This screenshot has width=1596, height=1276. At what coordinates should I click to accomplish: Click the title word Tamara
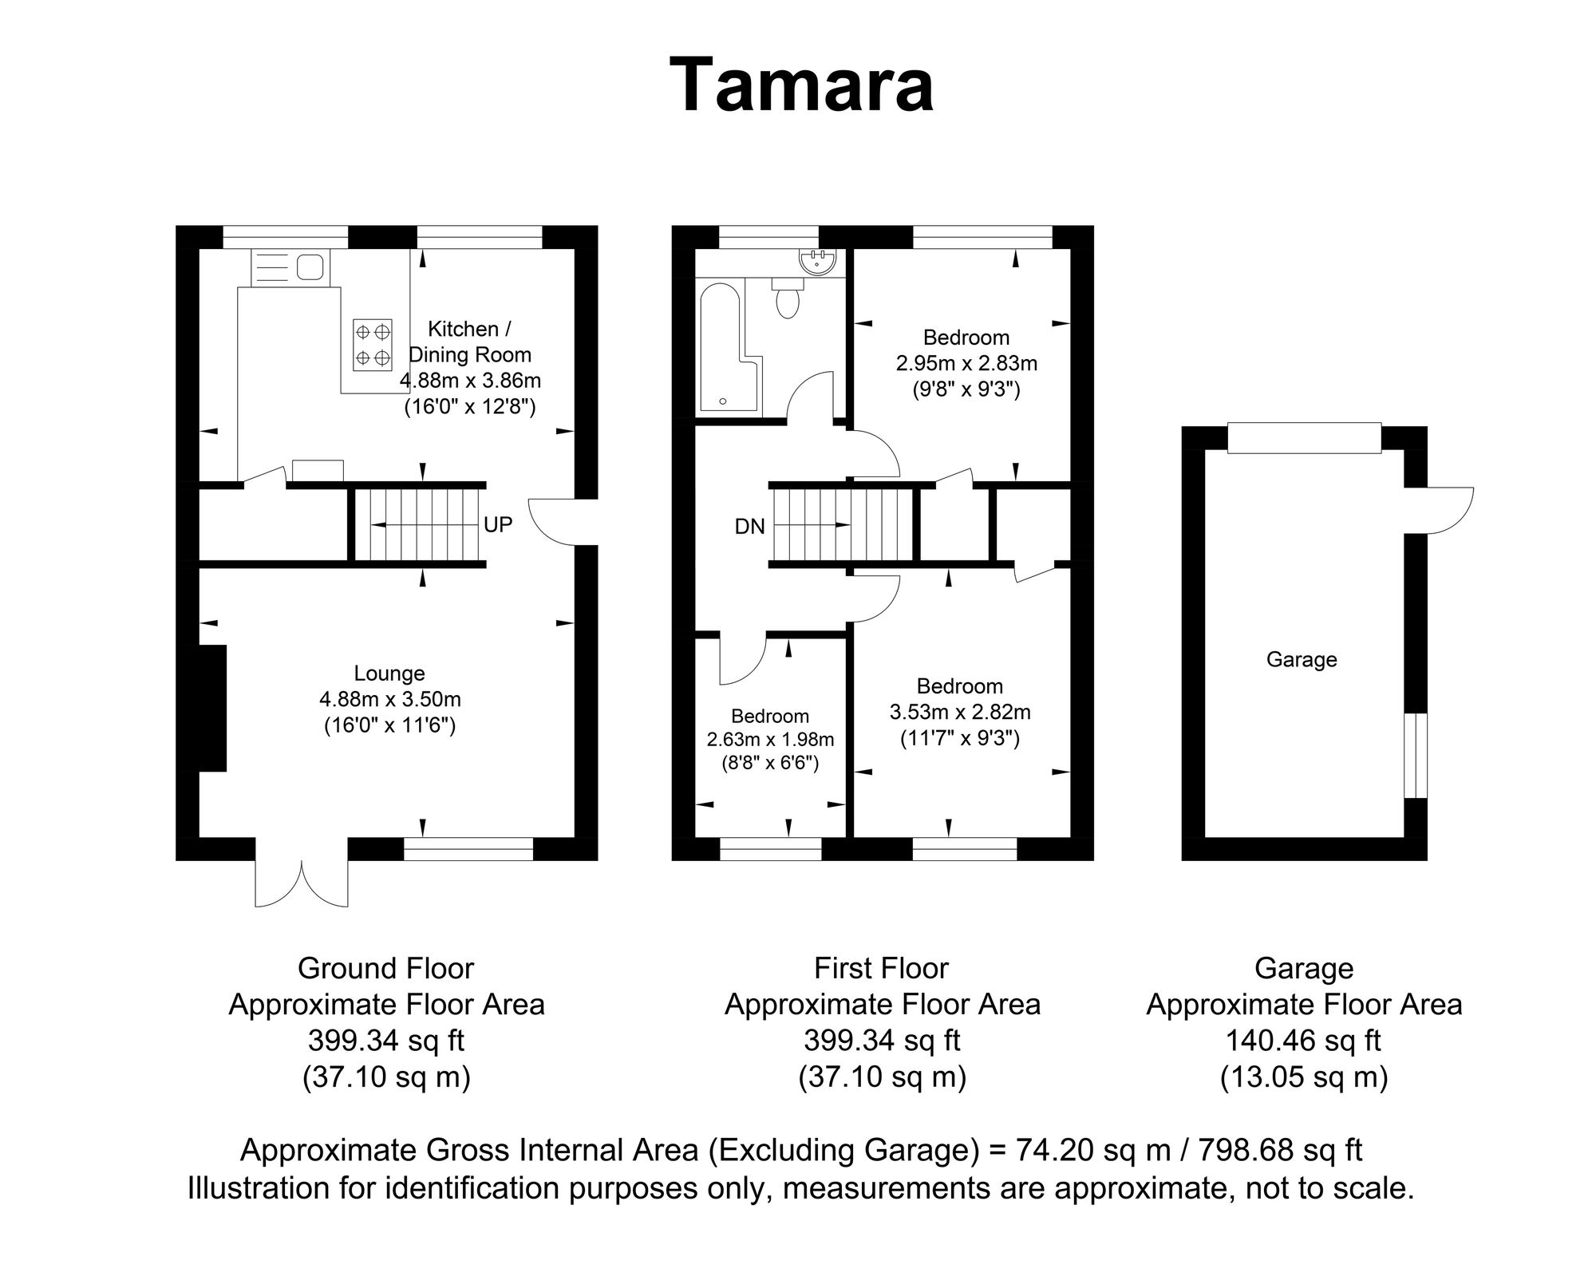tap(801, 86)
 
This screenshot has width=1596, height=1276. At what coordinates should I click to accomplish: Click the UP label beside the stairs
tap(498, 524)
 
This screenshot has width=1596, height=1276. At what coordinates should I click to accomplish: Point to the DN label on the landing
tap(749, 526)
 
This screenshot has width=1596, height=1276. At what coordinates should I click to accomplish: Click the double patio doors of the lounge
tap(302, 875)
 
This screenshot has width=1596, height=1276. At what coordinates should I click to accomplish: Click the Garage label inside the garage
tap(1302, 659)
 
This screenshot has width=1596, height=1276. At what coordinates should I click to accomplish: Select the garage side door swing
tap(1449, 510)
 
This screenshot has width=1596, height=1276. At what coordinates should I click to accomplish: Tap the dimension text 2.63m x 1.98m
tap(770, 739)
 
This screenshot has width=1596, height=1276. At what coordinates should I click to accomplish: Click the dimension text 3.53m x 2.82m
tap(960, 711)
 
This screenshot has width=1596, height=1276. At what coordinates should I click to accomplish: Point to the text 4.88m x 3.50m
tap(389, 700)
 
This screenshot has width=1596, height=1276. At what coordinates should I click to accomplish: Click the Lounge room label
tap(389, 674)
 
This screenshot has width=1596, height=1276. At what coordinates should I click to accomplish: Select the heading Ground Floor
tap(385, 968)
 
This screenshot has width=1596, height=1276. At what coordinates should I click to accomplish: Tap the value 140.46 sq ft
tap(1303, 1041)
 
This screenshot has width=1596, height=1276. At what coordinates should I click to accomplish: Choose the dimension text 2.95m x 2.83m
tap(966, 363)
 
